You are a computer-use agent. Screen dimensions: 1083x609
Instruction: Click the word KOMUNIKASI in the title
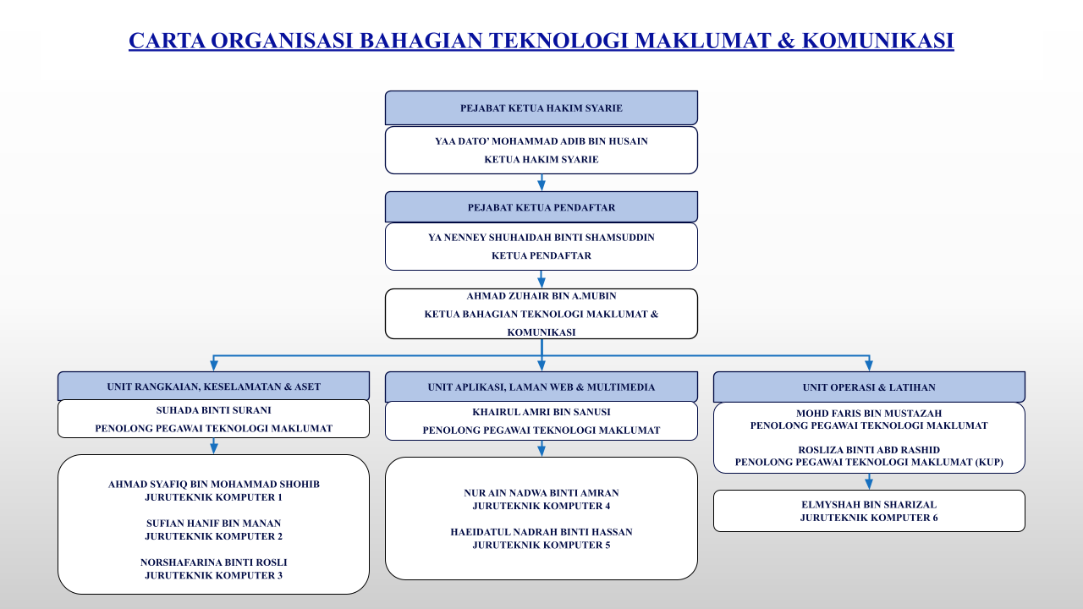[878, 41]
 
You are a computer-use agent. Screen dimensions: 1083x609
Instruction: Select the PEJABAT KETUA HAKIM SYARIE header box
[541, 107]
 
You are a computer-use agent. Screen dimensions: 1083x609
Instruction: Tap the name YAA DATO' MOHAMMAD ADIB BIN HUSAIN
[541, 141]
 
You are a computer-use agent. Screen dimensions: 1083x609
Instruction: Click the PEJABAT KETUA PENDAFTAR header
[541, 207]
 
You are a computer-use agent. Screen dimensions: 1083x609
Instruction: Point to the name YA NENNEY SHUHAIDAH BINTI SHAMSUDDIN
[541, 238]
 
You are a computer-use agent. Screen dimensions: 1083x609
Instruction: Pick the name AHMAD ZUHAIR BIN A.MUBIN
[541, 296]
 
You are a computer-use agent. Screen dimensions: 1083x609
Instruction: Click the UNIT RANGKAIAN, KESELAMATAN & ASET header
[214, 387]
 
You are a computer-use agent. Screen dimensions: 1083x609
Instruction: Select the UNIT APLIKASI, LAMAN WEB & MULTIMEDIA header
[541, 387]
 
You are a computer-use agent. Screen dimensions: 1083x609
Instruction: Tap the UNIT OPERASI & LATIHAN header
[869, 387]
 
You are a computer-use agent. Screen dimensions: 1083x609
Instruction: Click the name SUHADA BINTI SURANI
[214, 410]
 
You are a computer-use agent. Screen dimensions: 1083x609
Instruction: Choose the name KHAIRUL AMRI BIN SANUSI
[541, 412]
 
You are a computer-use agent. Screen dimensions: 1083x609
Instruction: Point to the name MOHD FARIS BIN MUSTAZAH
[869, 414]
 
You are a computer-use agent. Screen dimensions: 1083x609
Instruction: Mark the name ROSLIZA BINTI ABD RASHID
[869, 450]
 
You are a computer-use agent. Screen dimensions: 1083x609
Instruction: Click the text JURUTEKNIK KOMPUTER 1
[214, 497]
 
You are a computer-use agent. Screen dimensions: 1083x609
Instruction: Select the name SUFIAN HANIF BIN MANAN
[214, 524]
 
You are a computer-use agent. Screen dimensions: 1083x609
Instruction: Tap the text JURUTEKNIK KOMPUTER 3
[214, 576]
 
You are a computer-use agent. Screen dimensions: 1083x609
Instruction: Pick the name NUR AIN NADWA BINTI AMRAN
[541, 493]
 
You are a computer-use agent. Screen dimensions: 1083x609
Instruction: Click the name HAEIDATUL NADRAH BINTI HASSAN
[541, 532]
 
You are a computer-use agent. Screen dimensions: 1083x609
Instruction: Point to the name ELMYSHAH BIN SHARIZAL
[869, 505]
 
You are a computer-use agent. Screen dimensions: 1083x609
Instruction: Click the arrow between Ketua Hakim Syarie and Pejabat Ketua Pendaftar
[541, 183]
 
